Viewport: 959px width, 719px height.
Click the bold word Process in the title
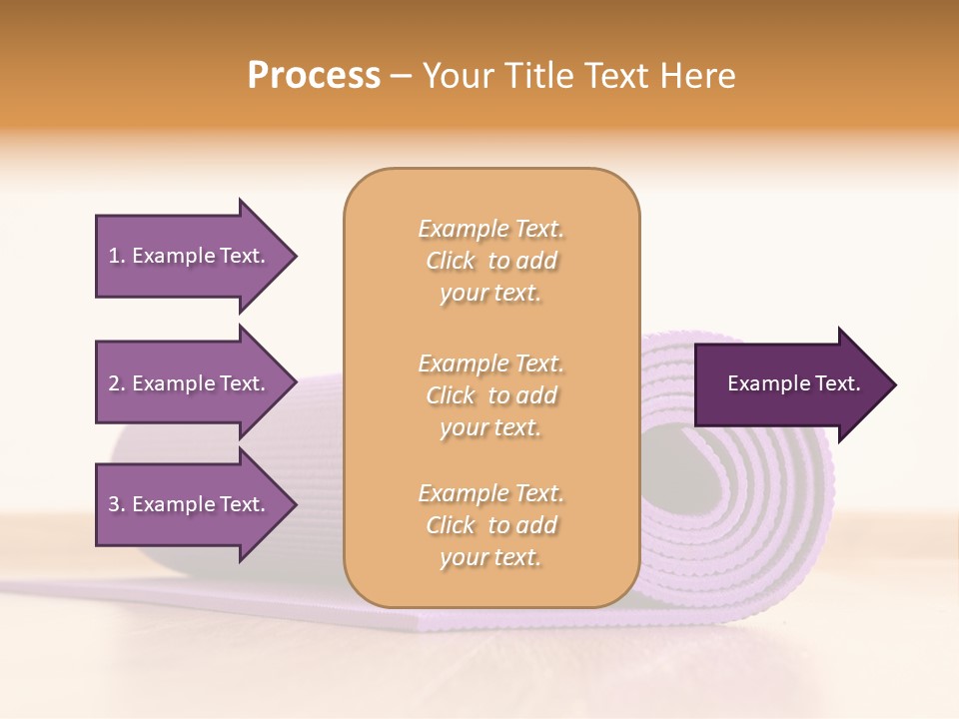pos(314,76)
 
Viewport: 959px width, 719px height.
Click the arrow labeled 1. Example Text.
pos(187,256)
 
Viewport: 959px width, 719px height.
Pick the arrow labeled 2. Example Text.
pos(187,383)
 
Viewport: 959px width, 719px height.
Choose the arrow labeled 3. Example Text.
pos(187,504)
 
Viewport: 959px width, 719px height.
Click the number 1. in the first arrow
pos(117,256)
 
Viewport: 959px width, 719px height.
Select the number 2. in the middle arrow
pos(117,383)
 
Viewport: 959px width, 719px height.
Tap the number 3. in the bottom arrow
pos(117,504)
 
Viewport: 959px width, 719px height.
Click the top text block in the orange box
pos(490,261)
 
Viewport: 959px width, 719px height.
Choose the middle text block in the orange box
pos(490,395)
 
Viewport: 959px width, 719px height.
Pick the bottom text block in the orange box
pos(490,525)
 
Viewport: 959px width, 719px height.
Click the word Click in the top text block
pos(451,261)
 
